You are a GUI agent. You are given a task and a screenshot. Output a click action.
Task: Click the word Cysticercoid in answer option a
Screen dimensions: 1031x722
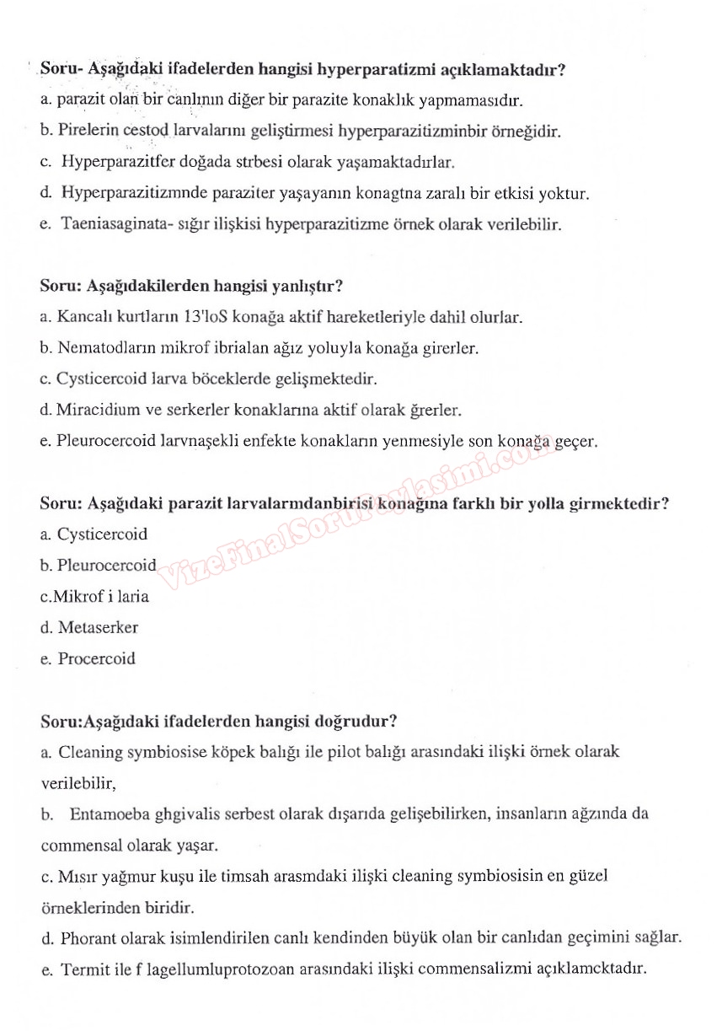click(102, 534)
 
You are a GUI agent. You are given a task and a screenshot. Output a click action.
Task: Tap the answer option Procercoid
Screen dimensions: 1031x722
click(96, 658)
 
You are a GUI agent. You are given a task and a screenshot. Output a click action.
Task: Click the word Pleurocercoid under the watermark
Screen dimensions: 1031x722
click(107, 565)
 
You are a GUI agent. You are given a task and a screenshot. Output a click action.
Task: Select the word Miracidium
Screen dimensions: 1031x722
click(94, 410)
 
